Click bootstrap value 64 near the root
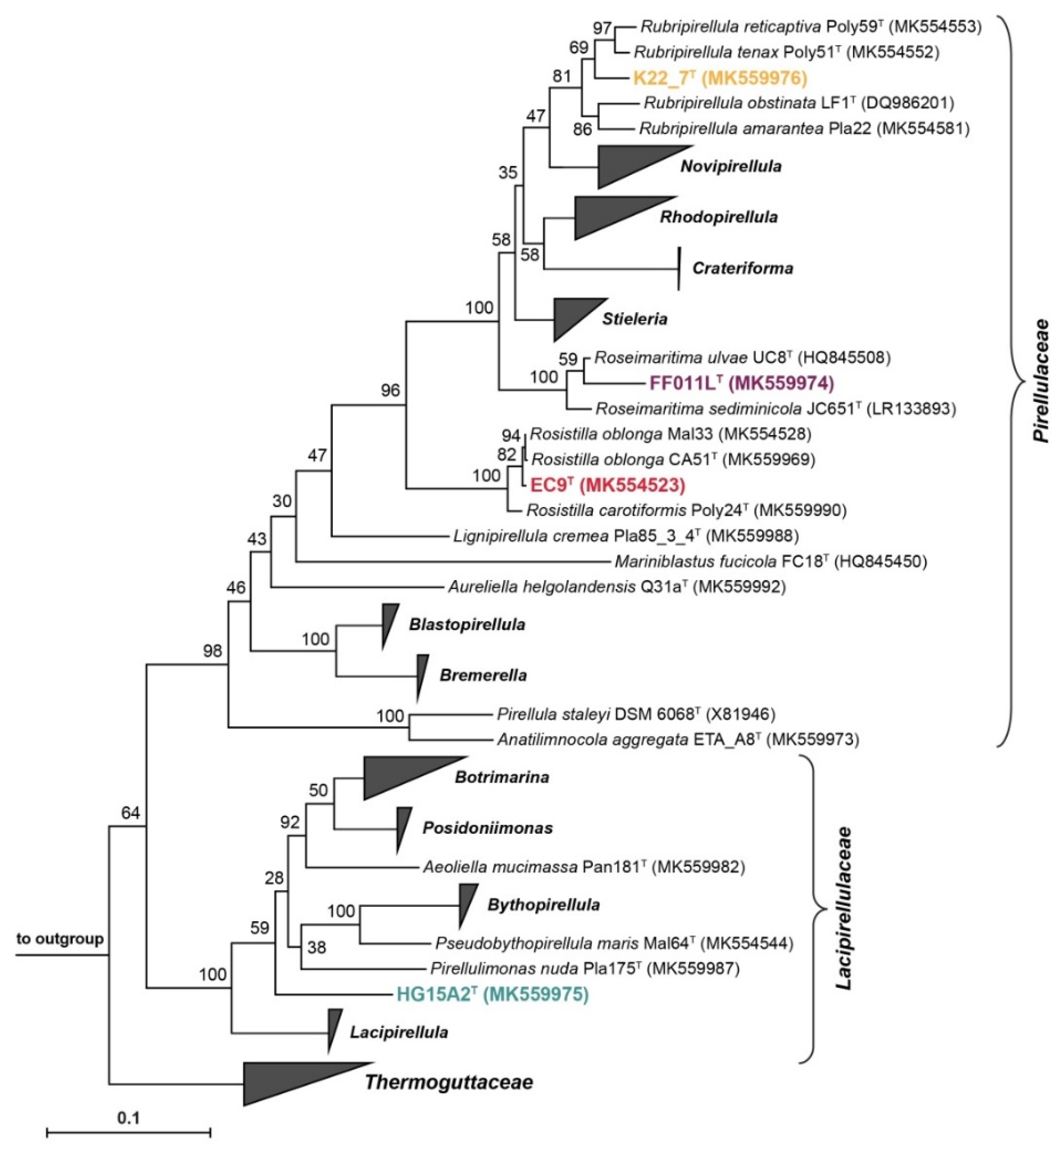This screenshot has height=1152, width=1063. click(131, 813)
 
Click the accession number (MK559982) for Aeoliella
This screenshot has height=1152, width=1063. click(699, 866)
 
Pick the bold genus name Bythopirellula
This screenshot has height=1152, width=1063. click(543, 905)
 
